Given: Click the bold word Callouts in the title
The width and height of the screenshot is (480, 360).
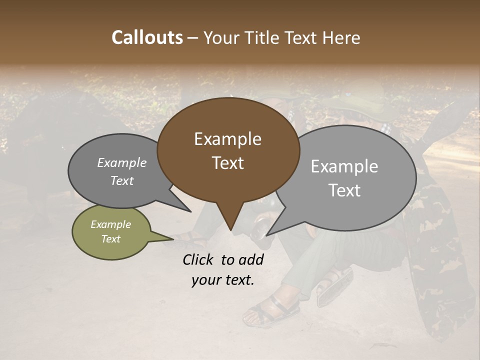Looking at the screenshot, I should pos(147,37).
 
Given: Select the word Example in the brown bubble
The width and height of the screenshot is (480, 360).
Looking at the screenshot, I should pos(227,139).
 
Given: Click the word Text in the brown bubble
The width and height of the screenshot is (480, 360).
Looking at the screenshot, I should pos(227,163).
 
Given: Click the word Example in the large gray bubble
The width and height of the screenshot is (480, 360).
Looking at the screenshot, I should pos(344,166).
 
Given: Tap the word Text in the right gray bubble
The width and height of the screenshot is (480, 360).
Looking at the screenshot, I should pos(344,190).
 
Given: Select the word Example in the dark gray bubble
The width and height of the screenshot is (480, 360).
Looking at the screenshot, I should pos(121,163).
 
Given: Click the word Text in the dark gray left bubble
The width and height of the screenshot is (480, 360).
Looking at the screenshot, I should pos(121,180).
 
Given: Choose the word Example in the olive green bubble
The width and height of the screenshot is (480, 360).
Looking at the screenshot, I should pos(110,224).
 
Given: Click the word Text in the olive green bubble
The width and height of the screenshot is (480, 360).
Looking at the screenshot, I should pos(110,239).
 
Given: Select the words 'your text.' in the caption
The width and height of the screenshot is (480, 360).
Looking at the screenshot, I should pos(222,280).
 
